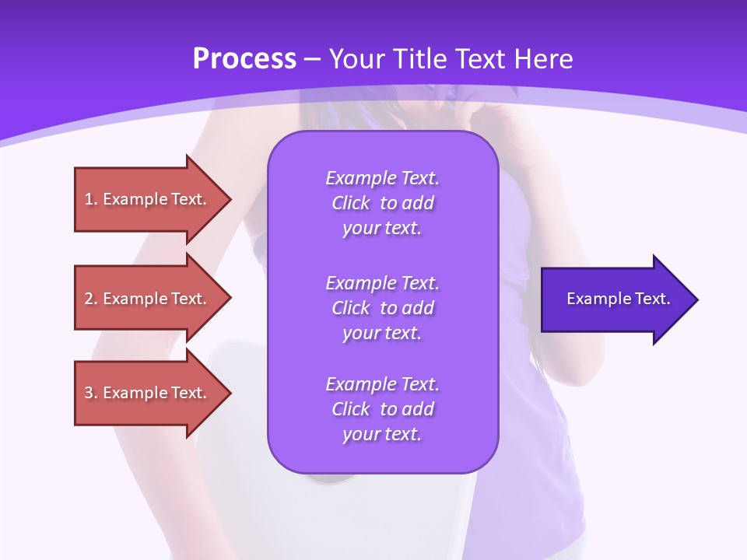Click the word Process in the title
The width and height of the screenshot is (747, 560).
[x=244, y=59]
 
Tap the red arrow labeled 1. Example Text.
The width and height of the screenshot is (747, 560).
[x=148, y=199]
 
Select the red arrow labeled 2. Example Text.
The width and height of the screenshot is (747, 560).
[x=148, y=299]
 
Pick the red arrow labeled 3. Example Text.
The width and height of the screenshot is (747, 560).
[x=148, y=393]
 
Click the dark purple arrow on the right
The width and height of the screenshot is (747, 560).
[x=615, y=299]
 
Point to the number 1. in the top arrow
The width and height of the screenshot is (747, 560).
[x=90, y=199]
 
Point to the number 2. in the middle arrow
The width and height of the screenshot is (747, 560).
[x=90, y=299]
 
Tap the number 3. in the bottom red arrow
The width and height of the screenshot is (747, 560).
[x=90, y=393]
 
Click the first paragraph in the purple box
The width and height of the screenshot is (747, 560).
[x=382, y=203]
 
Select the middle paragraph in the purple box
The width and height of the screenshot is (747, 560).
[x=382, y=307]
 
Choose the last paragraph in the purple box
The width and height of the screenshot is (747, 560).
[x=382, y=409]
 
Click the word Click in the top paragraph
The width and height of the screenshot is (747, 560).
[x=351, y=203]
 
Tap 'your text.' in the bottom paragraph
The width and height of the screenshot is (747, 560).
[x=382, y=434]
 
